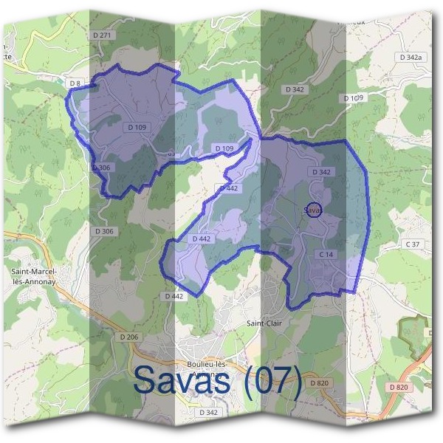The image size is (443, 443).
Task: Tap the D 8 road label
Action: [75, 83]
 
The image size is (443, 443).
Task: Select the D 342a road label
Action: [410, 57]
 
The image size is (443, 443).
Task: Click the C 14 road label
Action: [327, 255]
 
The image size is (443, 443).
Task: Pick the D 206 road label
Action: [128, 337]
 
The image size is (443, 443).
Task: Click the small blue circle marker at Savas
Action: [313, 210]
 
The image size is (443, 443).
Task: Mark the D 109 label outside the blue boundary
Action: [354, 98]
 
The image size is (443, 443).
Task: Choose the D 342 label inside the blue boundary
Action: [321, 172]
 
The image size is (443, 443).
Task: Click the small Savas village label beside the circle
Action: [314, 210]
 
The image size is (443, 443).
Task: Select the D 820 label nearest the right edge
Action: [396, 388]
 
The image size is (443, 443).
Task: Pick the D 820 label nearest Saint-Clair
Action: [318, 383]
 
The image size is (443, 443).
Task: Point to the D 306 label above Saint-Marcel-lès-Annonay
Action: [104, 232]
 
